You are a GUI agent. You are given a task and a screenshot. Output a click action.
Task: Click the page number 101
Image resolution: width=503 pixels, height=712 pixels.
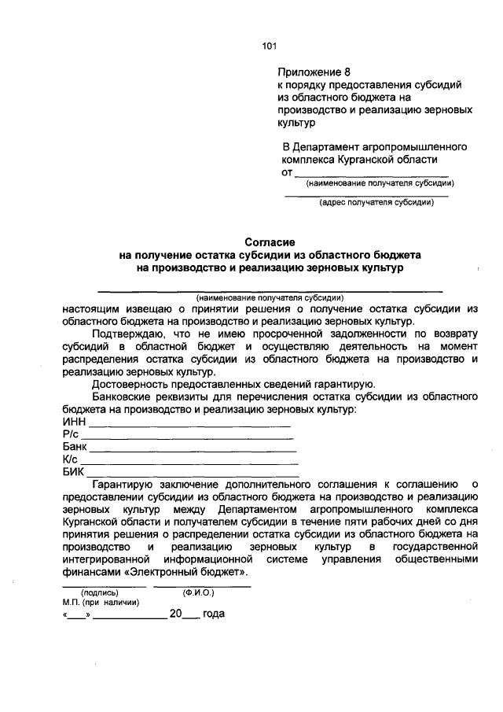[x=270, y=46]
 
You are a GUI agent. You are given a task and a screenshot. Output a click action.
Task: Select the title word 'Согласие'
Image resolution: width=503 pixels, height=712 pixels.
[x=270, y=242]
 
